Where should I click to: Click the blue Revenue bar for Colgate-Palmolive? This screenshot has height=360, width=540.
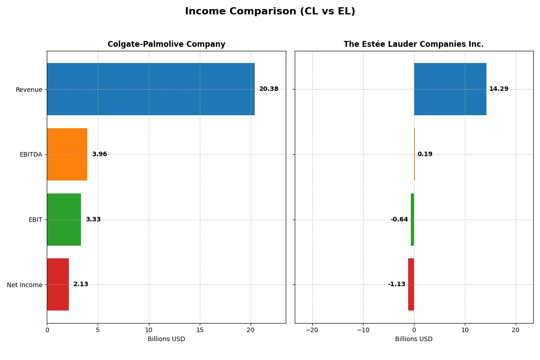(151, 89)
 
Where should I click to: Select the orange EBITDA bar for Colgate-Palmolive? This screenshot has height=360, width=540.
(67, 154)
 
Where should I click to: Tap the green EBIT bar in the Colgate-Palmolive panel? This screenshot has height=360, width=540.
(64, 220)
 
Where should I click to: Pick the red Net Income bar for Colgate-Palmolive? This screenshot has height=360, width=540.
(58, 284)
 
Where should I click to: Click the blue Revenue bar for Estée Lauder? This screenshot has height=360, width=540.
(450, 89)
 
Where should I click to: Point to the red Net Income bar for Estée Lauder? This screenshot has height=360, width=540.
(411, 284)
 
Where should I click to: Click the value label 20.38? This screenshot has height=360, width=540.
(269, 89)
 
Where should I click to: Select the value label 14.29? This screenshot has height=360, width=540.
(499, 89)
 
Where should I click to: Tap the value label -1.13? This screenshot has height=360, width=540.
(396, 284)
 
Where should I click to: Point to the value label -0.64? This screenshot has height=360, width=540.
(399, 220)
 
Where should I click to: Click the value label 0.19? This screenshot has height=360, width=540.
(425, 154)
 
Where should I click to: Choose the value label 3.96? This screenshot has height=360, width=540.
(99, 154)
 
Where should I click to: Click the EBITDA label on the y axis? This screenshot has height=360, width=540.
(31, 154)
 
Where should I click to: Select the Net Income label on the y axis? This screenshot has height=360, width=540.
(25, 285)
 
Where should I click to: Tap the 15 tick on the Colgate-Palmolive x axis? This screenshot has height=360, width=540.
(200, 330)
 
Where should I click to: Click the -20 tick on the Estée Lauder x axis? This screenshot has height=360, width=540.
(312, 330)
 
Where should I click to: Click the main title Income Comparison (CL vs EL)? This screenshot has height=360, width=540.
(270, 12)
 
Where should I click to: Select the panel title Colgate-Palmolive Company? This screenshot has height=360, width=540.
(166, 44)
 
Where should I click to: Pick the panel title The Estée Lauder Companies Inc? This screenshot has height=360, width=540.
(414, 44)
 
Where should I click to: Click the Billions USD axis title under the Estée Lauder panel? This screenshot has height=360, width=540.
(414, 339)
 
